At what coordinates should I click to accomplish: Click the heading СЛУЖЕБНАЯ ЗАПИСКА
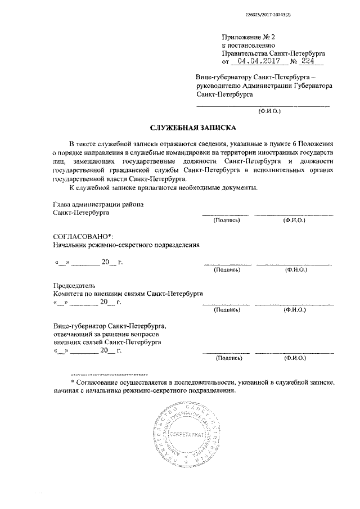pyautogui.click(x=194, y=128)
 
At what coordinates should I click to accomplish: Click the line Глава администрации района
pyautogui.click(x=98, y=205)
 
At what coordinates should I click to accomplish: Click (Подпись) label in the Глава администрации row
pyautogui.click(x=226, y=220)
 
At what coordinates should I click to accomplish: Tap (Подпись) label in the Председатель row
pyautogui.click(x=228, y=310)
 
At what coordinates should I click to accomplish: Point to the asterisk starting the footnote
pyautogui.click(x=73, y=382)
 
